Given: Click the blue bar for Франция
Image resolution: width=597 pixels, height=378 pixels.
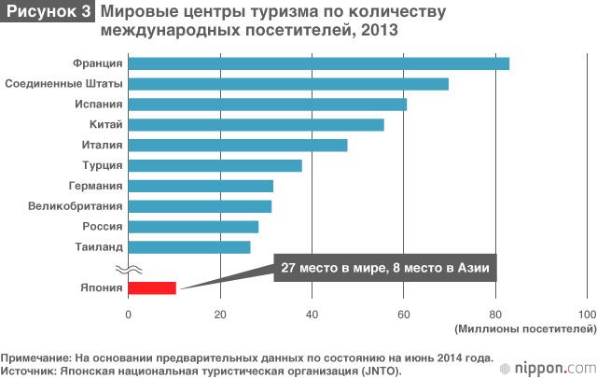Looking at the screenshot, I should pos(318,63).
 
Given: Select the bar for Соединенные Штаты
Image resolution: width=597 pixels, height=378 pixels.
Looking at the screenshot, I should pos(288,84).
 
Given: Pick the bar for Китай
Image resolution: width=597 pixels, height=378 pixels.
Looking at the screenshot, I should pos(256,125).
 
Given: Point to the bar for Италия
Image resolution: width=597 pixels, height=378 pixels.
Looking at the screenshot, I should pos(237,145).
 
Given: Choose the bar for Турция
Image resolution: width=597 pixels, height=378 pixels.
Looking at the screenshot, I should pos(215,165).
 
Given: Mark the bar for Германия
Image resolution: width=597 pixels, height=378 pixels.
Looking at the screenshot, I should pos(201,186).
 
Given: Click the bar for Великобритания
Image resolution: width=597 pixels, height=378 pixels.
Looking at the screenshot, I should pos(200,206).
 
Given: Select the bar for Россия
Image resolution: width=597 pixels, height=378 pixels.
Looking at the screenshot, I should pos(193,227).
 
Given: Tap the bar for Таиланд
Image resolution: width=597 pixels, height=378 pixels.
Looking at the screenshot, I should pos(188,247).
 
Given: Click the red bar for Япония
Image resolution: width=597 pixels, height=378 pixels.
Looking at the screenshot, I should pos(152,287).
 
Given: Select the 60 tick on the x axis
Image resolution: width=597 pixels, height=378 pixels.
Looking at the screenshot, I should pos(403,315).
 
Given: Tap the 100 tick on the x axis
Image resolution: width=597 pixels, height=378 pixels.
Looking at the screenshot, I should pos(587,315).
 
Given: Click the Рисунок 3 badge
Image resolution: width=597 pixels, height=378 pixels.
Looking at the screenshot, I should pos(49,12).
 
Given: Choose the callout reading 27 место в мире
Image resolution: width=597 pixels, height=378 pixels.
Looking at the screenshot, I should pos(384,269).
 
